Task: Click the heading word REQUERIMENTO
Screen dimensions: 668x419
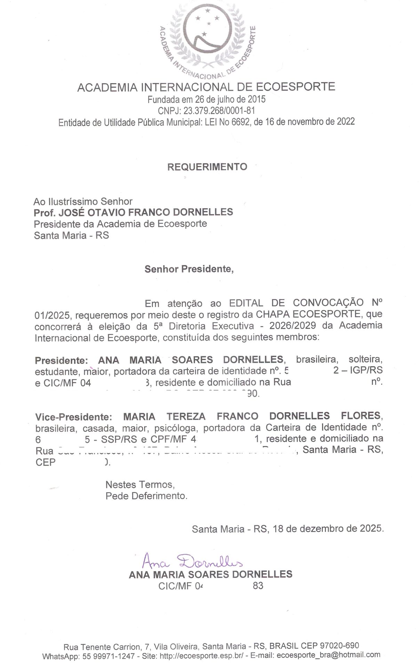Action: pos(207,167)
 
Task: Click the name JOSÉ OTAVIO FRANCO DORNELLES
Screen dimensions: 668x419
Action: pos(146,212)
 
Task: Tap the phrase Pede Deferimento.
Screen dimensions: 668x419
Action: pos(146,496)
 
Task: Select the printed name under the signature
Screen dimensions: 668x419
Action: pos(210,574)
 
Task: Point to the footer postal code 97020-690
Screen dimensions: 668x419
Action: pos(340,646)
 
